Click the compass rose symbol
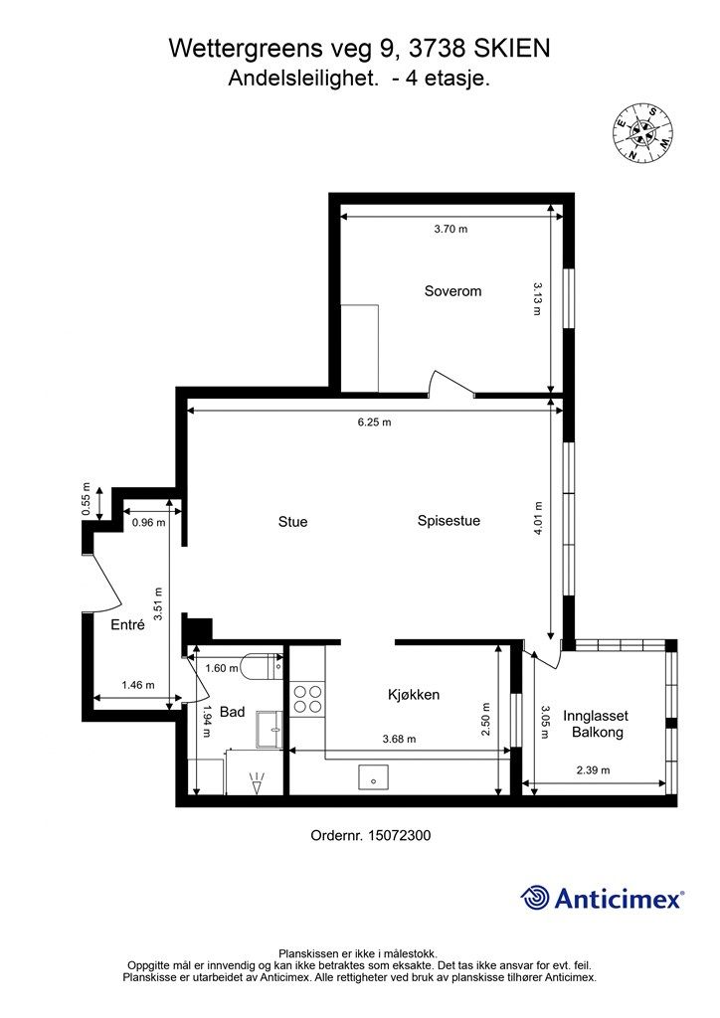pos(641,133)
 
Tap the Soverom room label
pos(452,291)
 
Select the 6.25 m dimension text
pos(375,422)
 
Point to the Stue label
pos(292,521)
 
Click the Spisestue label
pos(449,520)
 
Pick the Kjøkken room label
pos(414,694)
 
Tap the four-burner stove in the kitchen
pos(307,699)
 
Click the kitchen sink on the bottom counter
pos(373,776)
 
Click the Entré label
pos(128,624)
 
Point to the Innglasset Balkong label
pos(596,724)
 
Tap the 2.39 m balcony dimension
pos(594,770)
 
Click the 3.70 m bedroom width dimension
pos(450,229)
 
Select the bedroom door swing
pos(451,383)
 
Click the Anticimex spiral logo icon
pos(535,899)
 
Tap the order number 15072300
pos(399,835)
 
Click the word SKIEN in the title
pos(512,48)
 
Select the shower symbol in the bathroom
pos(258,783)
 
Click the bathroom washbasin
pos(269,730)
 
